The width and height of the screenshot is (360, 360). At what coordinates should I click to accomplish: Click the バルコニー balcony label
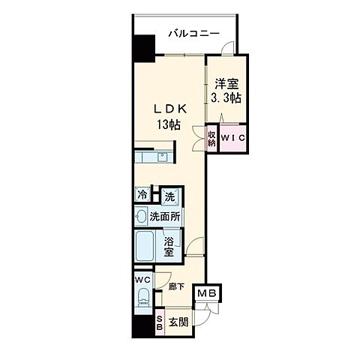[193, 34]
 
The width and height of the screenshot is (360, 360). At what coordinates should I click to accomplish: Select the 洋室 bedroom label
[226, 84]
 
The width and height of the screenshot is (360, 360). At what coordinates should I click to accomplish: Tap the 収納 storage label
[211, 139]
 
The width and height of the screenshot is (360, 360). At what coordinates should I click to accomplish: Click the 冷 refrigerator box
[142, 195]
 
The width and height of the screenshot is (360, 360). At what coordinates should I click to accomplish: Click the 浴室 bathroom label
[169, 247]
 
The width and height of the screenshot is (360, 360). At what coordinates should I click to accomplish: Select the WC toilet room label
[142, 279]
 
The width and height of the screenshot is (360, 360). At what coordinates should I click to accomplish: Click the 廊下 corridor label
[176, 286]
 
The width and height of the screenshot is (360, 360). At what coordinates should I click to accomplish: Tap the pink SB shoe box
[159, 322]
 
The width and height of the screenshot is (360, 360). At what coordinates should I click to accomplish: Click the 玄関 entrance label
[178, 322]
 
